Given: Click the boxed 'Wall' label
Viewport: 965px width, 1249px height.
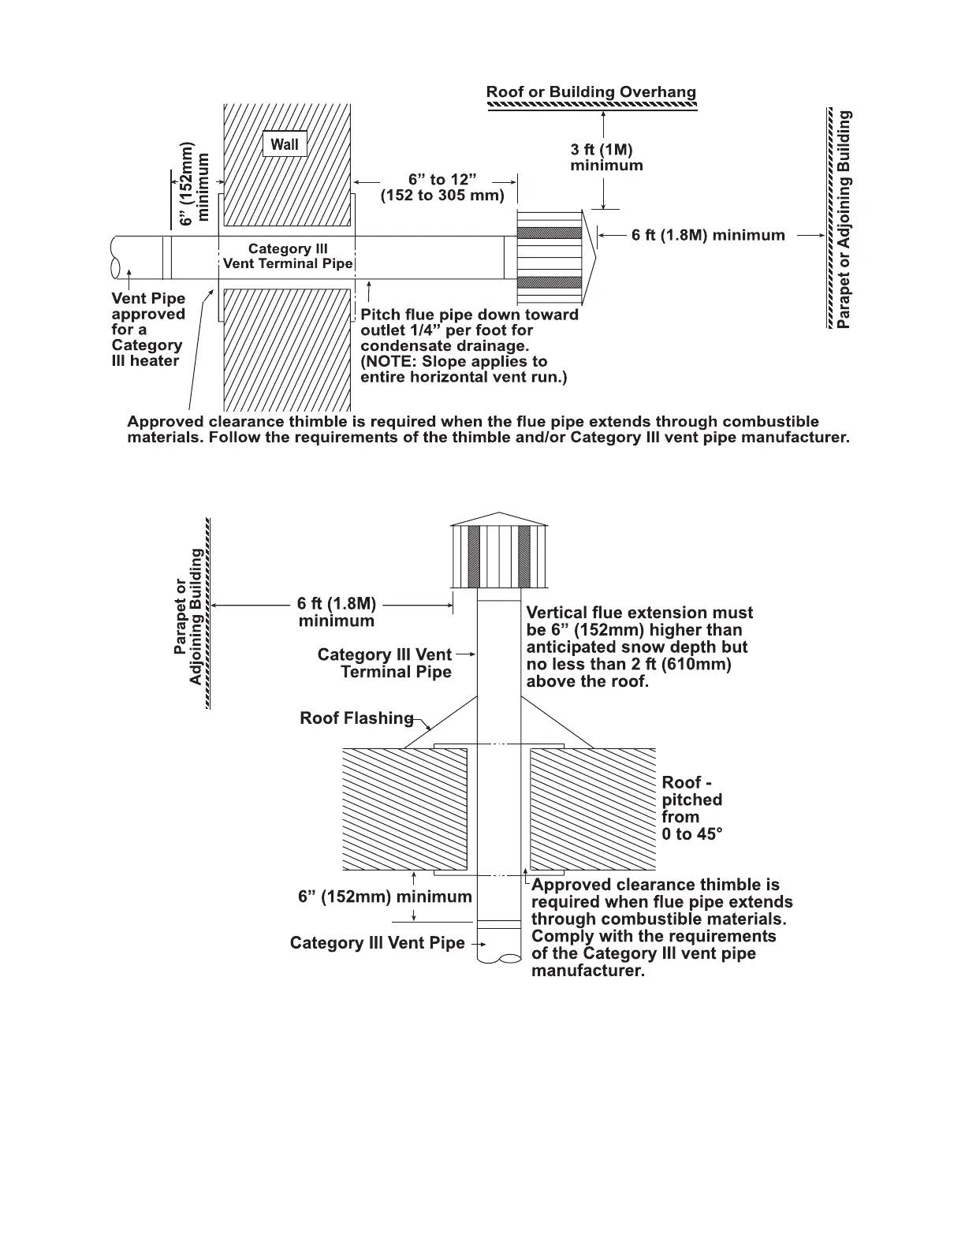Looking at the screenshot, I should click(x=285, y=144).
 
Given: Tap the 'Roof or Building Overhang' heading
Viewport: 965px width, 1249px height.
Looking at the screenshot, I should click(x=591, y=92).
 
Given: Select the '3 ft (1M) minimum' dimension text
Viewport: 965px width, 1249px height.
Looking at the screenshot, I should click(x=605, y=157).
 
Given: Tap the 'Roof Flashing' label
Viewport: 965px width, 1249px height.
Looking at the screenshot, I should click(x=356, y=718).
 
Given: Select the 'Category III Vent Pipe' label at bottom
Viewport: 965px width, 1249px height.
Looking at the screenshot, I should click(x=377, y=943).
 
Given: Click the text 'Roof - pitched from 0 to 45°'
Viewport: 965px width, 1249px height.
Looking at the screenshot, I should click(x=691, y=808).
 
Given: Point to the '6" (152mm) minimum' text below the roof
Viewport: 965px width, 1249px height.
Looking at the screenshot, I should click(x=385, y=897).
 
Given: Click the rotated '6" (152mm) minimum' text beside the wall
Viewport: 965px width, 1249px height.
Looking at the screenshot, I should click(x=195, y=184).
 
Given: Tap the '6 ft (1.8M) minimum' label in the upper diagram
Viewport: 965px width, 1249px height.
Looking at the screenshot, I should click(x=708, y=235).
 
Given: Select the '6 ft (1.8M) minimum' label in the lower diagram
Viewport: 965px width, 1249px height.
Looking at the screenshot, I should click(x=337, y=612).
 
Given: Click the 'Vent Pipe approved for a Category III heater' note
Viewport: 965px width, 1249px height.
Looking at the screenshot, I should click(x=148, y=330).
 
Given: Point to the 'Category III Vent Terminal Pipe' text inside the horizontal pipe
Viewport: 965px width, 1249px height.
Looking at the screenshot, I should click(x=288, y=256).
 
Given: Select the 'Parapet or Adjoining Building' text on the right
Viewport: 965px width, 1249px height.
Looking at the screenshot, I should click(x=844, y=219).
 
